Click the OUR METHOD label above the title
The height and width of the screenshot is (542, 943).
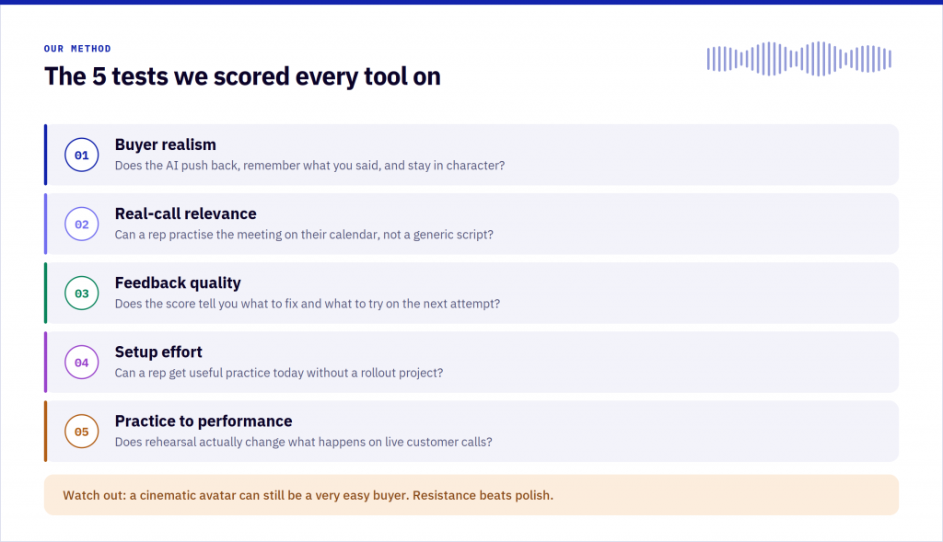77,49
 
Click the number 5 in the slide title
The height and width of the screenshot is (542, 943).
99,77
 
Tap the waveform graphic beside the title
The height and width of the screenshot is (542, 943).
798,59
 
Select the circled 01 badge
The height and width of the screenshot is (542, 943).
82,155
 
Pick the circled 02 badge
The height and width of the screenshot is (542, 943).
82,225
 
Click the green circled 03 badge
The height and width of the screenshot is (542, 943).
82,294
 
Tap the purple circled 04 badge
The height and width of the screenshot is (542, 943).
82,363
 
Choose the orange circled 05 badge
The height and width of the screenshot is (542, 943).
82,432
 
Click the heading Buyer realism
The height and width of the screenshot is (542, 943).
166,144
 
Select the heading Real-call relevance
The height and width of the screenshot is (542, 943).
185,213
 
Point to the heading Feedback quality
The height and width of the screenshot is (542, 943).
178,283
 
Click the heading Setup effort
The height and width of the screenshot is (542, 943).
158,352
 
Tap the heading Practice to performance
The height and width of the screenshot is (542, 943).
204,421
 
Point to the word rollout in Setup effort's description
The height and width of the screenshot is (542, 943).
377,374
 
